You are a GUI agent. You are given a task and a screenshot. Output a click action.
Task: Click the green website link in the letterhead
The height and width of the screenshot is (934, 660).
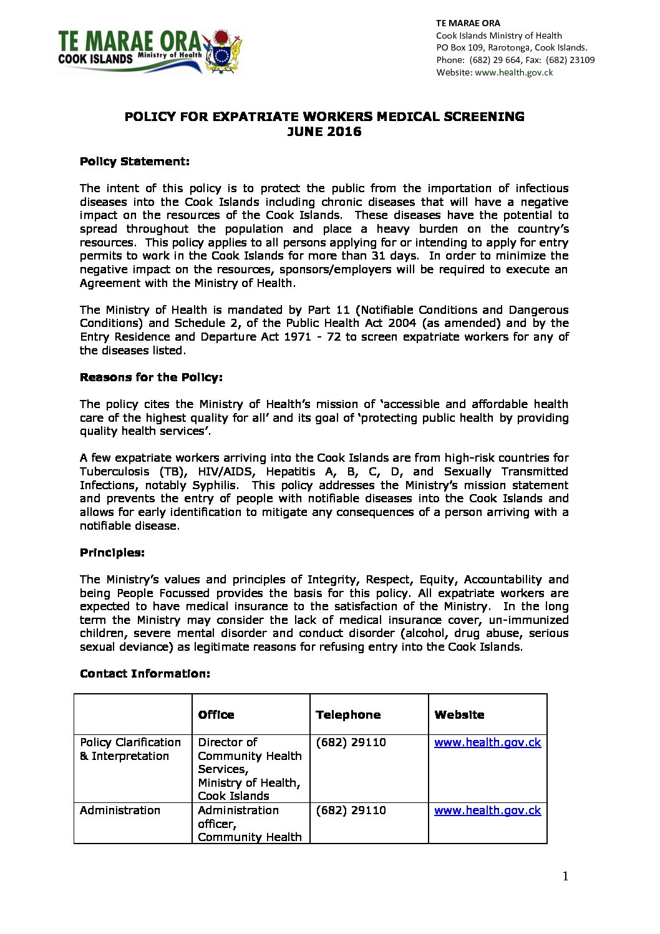click(x=514, y=72)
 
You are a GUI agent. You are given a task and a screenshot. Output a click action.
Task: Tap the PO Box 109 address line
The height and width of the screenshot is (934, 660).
click(x=512, y=47)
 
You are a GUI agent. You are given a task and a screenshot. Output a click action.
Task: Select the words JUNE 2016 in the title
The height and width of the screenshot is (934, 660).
click(x=324, y=132)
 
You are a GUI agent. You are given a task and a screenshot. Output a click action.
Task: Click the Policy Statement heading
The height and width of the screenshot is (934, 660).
click(x=135, y=162)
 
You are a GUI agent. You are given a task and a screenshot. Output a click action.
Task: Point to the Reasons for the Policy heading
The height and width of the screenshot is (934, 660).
click(x=151, y=377)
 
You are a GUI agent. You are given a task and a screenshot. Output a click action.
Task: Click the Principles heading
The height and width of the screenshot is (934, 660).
click(x=112, y=553)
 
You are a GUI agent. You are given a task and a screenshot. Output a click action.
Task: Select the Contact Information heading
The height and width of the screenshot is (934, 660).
click(x=145, y=674)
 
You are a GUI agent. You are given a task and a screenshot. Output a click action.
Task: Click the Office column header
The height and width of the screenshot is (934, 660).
click(x=216, y=715)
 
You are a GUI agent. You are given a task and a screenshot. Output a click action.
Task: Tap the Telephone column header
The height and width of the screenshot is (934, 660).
click(x=348, y=715)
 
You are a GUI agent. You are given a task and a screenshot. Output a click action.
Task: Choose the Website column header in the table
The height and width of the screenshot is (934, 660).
click(x=459, y=715)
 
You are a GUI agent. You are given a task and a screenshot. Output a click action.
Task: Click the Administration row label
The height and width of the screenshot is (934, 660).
click(x=120, y=810)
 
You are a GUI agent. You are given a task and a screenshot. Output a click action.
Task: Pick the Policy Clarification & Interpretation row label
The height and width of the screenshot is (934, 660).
click(x=130, y=749)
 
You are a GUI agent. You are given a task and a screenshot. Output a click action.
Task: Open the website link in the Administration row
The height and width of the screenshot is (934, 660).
click(x=487, y=810)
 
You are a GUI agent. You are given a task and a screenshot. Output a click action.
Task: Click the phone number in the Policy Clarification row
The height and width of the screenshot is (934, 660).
click(x=351, y=742)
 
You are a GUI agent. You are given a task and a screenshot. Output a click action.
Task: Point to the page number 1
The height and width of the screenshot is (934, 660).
click(x=565, y=877)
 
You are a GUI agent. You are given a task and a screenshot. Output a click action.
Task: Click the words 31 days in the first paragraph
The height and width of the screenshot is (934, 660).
click(x=394, y=256)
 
